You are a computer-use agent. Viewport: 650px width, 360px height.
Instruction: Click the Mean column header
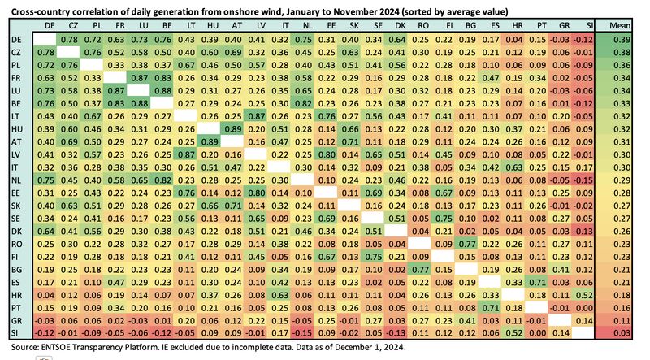click(622, 27)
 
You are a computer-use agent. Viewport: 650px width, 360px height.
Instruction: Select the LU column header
click(141, 27)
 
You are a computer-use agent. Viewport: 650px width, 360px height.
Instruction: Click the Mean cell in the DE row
click(622, 39)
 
